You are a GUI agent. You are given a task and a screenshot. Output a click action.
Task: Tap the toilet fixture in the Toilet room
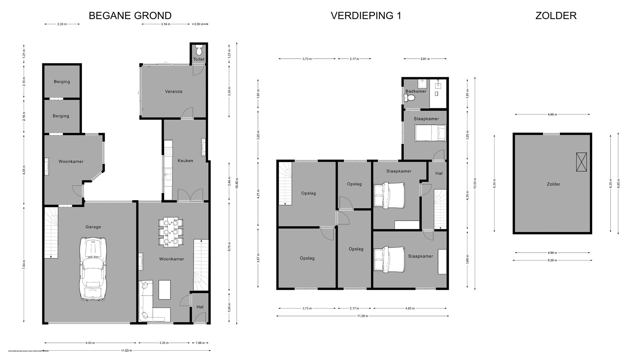(199, 51)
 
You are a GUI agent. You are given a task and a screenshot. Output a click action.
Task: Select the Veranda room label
(174, 91)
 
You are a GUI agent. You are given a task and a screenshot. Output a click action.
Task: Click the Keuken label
(185, 161)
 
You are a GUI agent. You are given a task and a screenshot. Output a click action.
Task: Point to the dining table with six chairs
(171, 232)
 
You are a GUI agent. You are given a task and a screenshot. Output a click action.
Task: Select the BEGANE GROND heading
(130, 16)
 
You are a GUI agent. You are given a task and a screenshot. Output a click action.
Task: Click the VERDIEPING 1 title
(366, 16)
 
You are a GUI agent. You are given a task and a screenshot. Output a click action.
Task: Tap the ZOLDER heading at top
(556, 16)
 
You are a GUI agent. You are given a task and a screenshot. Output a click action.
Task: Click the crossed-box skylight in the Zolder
(581, 162)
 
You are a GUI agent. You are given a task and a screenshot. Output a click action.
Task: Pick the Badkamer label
(416, 91)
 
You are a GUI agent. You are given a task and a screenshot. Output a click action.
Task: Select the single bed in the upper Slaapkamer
(430, 132)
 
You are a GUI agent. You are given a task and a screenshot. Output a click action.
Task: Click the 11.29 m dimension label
(362, 316)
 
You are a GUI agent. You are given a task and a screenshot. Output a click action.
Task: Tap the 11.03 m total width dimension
(126, 351)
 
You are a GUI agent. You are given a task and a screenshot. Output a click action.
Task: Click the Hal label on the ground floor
(200, 307)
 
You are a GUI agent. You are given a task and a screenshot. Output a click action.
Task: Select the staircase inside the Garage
(51, 232)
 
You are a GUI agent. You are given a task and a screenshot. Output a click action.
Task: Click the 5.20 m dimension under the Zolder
(552, 260)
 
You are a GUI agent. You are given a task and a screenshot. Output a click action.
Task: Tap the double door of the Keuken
(190, 195)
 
